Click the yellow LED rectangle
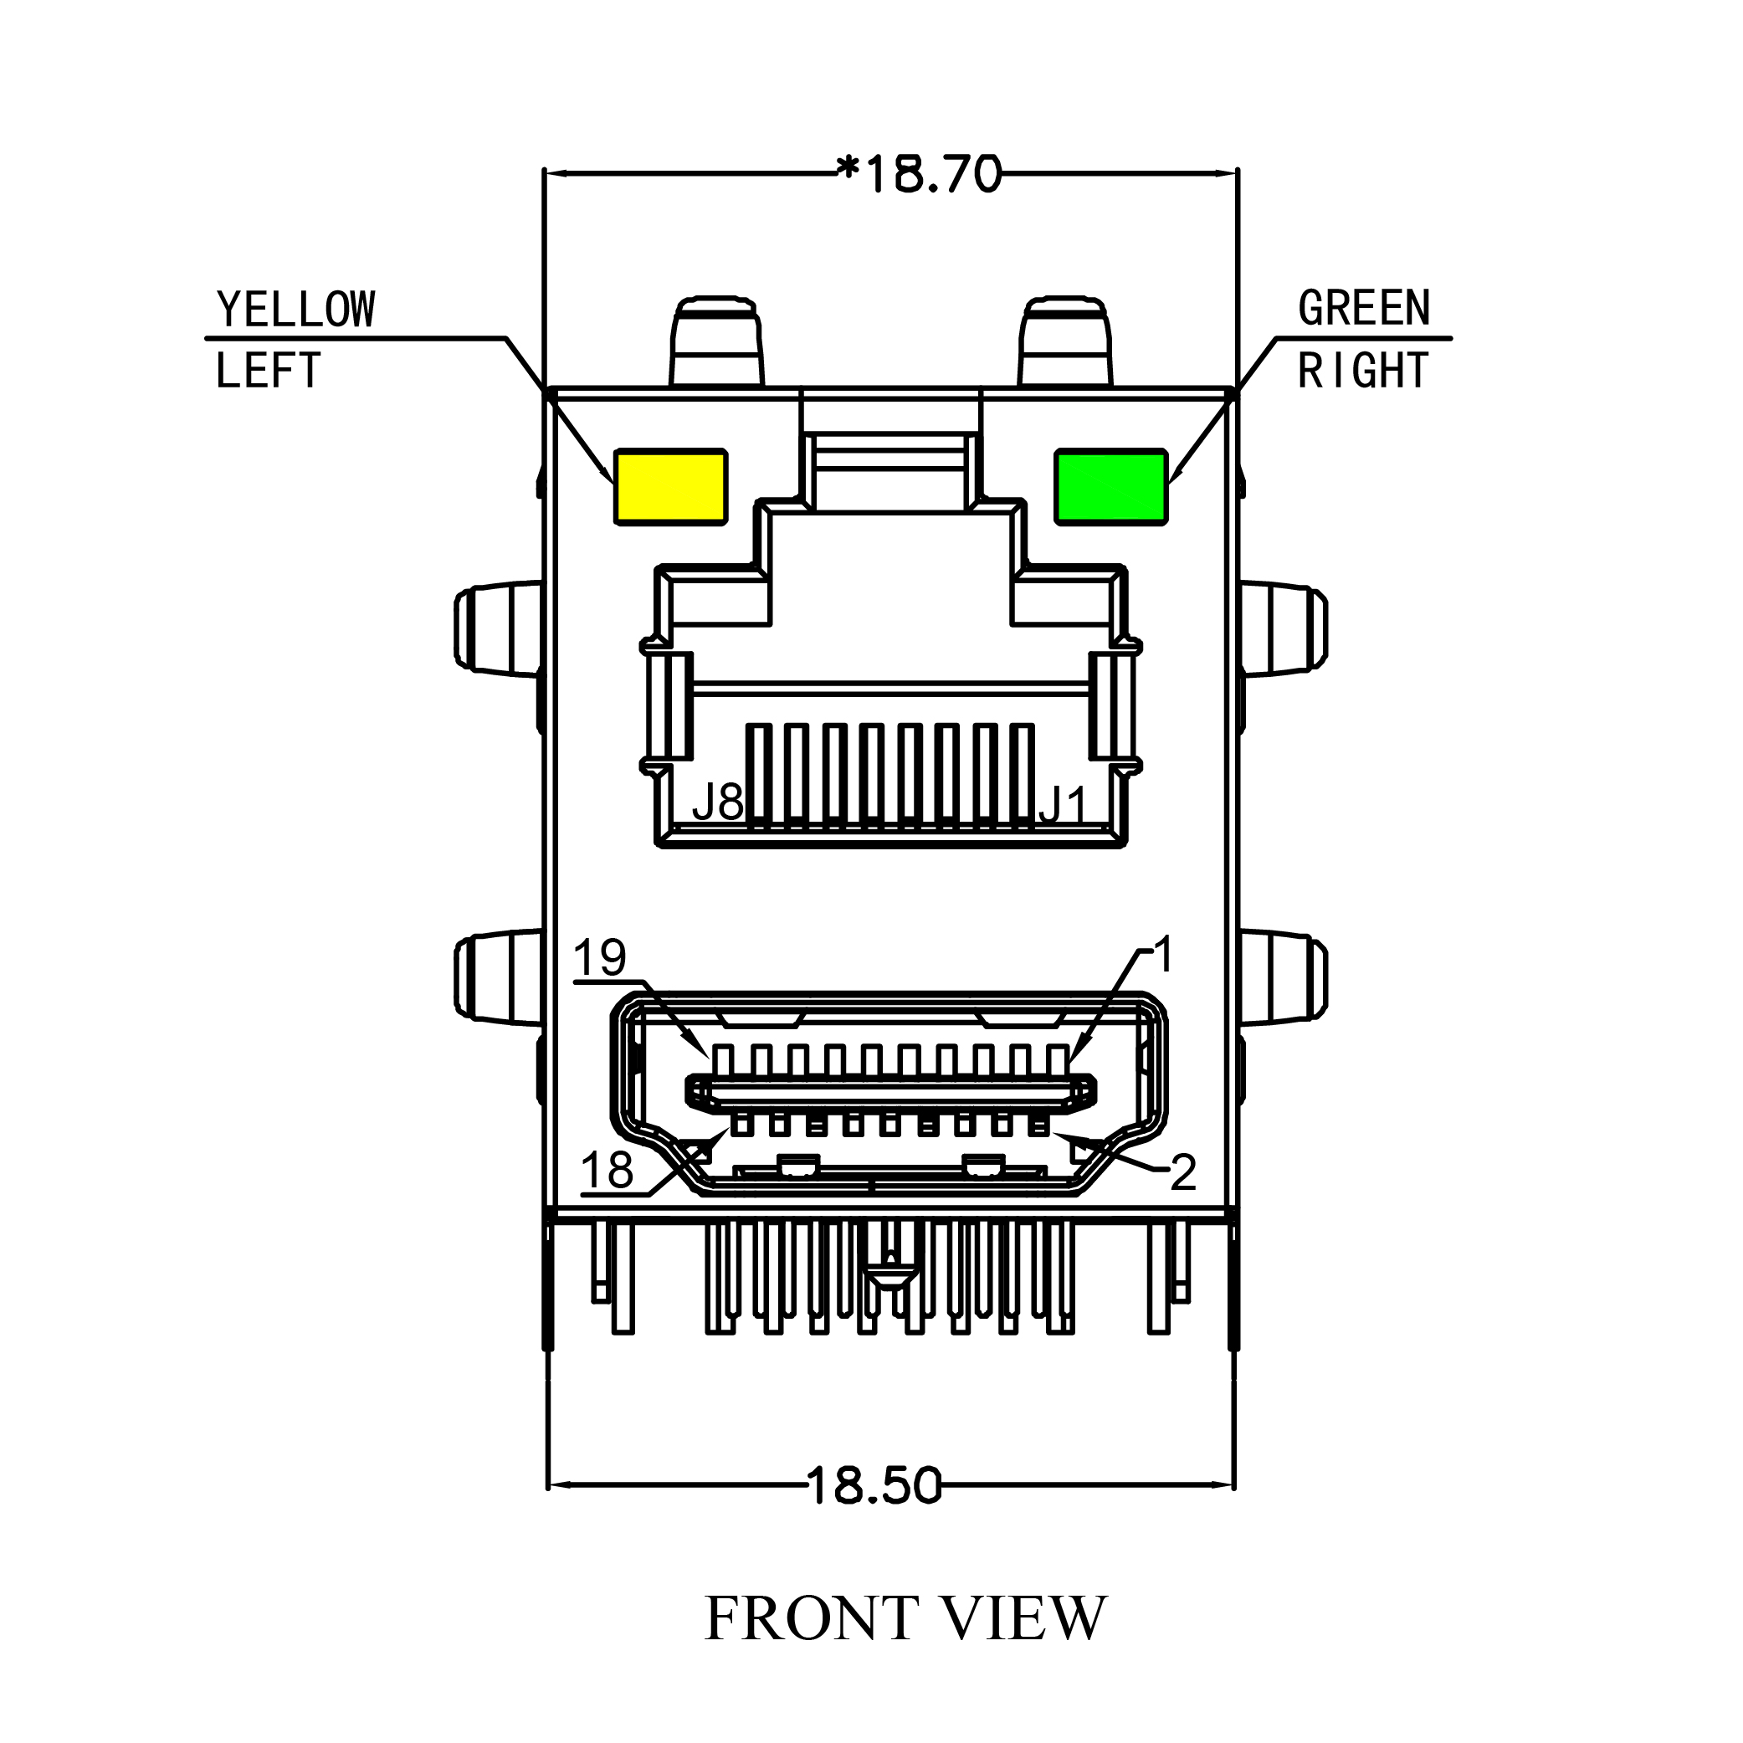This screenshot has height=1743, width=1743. click(x=670, y=486)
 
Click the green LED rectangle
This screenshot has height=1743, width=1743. click(x=1111, y=486)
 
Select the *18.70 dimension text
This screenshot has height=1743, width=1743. click(x=919, y=174)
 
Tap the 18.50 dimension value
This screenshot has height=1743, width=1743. click(x=874, y=1485)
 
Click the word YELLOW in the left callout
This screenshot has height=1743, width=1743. click(x=296, y=310)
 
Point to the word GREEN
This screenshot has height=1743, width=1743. click(x=1363, y=309)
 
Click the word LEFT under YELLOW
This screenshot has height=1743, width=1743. click(x=268, y=371)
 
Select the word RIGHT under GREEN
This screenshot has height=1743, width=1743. click(x=1363, y=371)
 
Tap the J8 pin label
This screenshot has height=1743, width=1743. click(x=717, y=802)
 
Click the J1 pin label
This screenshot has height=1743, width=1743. click(x=1064, y=805)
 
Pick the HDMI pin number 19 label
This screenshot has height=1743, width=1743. click(x=599, y=958)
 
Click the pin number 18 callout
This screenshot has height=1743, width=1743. click(x=607, y=1171)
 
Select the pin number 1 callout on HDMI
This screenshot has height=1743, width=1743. click(x=1164, y=955)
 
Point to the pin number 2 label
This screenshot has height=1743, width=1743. click(x=1182, y=1173)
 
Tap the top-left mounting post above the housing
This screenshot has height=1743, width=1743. click(x=716, y=343)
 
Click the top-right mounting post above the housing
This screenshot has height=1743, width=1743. click(x=1064, y=343)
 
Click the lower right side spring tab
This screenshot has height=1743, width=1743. click(x=1283, y=979)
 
